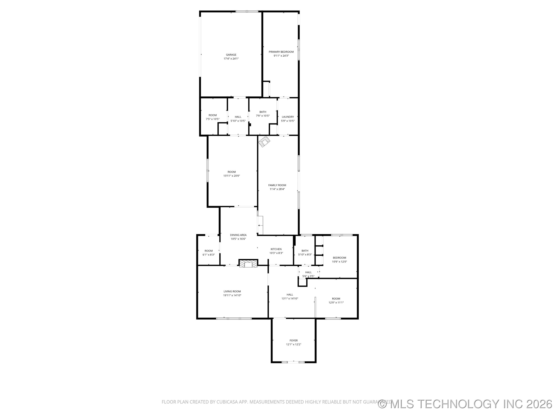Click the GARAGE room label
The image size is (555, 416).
pyautogui.click(x=231, y=55)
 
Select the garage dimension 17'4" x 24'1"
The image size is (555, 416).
pyautogui.click(x=231, y=59)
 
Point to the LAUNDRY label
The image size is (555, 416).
pyautogui.click(x=288, y=117)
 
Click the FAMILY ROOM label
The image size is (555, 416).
pyautogui.click(x=277, y=185)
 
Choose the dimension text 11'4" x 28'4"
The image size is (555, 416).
pyautogui.click(x=277, y=189)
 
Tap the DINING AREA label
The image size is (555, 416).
pyautogui.click(x=238, y=235)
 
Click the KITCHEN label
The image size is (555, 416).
pyautogui.click(x=276, y=249)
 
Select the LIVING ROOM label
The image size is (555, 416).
pyautogui.click(x=232, y=291)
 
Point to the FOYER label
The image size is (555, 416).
pyautogui.click(x=293, y=341)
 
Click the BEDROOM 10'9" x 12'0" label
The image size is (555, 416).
pyautogui.click(x=339, y=258)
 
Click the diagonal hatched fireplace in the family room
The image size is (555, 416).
pyautogui.click(x=264, y=141)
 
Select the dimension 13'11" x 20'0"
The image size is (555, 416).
pyautogui.click(x=232, y=176)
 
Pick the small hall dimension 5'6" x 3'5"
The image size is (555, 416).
pyautogui.click(x=308, y=276)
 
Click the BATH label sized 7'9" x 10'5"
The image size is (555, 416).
pyautogui.click(x=263, y=112)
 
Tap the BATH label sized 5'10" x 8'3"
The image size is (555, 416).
pyautogui.click(x=305, y=251)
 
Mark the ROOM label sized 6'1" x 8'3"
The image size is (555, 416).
pyautogui.click(x=209, y=251)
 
